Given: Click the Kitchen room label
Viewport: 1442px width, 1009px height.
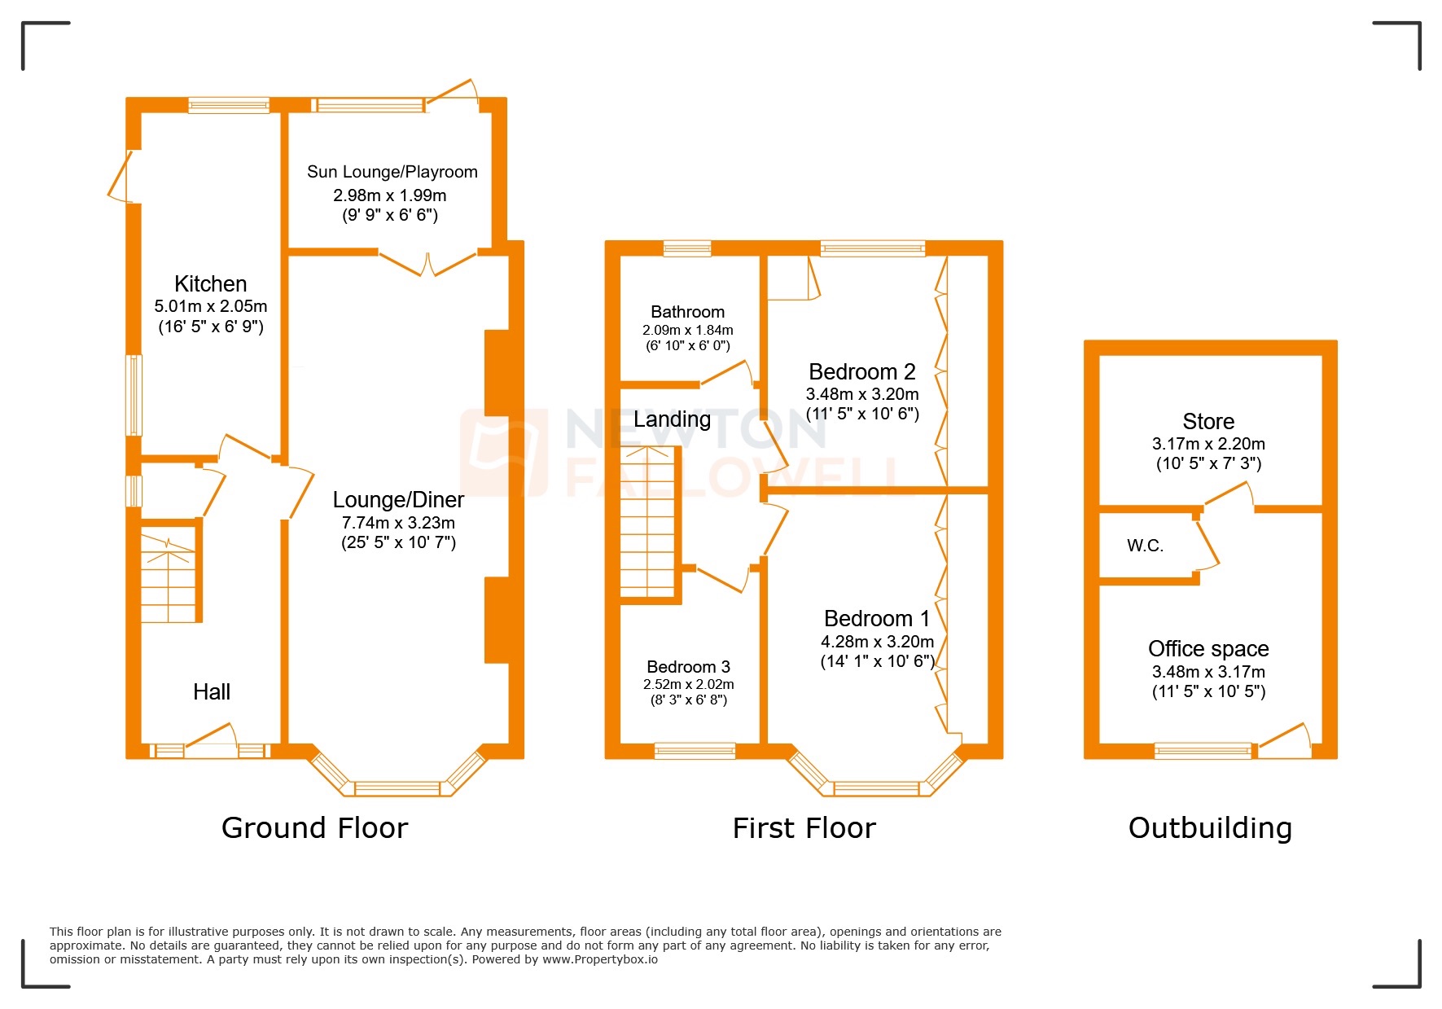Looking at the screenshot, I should coord(210,283).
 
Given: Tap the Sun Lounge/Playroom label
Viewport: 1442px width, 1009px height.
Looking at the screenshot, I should coord(392,172).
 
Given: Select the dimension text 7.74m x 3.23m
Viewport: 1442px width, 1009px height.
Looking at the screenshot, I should coord(398,523).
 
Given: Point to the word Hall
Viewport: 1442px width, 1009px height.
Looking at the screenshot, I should coord(212,691).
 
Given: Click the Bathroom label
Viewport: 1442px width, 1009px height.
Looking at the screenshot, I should coord(687,312).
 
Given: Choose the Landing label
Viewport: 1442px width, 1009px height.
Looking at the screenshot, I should coord(672,419).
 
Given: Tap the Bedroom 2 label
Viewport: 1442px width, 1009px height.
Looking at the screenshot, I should coord(861,372).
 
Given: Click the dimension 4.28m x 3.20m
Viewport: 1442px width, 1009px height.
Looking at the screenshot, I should coord(877,642).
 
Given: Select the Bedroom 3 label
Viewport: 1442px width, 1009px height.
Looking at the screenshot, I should coord(688,667).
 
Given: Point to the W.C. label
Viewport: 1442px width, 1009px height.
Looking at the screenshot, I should coord(1145,546).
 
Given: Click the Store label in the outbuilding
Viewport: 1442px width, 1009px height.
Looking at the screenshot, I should coord(1208,422).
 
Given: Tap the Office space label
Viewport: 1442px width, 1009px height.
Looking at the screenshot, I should coord(1208,649).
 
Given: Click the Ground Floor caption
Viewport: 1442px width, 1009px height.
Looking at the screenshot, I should coord(314,828).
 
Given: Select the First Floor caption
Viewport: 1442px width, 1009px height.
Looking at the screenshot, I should coord(804,828).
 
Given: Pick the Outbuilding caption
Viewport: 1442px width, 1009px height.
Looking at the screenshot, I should coord(1210,828).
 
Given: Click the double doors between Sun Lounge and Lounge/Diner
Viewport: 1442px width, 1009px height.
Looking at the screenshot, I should coord(427,262).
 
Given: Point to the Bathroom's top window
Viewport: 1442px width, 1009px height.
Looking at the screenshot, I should coord(687,248).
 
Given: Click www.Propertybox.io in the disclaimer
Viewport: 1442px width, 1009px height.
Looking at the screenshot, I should coord(600,959).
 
